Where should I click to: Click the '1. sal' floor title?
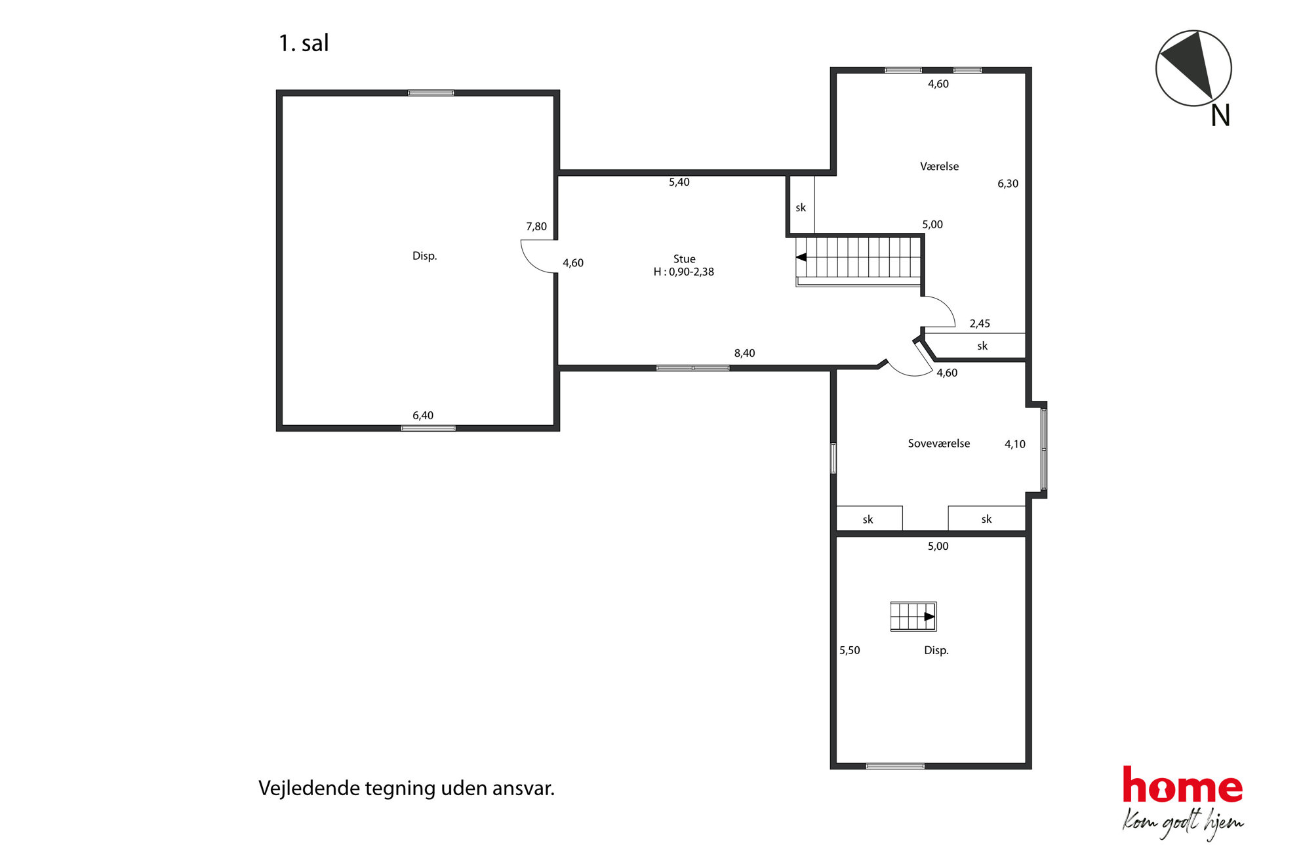coord(304,43)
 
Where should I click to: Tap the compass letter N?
coord(1220,115)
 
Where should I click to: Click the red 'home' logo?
coord(1182,785)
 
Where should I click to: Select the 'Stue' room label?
coord(684,259)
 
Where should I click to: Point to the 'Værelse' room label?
coord(939,167)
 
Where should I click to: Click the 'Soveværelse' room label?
coord(938,444)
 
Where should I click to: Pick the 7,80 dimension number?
coord(536,227)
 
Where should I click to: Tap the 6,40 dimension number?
coord(422,415)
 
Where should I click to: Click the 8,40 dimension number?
coord(744,353)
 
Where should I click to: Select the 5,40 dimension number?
coord(679,182)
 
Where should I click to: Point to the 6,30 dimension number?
coord(1008,184)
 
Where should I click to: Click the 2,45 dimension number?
coord(980,323)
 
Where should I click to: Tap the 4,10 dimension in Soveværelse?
coord(1014,444)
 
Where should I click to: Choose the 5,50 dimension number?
coord(849,650)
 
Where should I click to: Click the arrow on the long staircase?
coord(801,257)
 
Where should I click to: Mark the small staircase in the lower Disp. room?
coord(913,617)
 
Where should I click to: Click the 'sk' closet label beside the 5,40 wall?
coord(801,208)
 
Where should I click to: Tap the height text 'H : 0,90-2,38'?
coord(683,272)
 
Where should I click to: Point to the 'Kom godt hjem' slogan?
coord(1182,824)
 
